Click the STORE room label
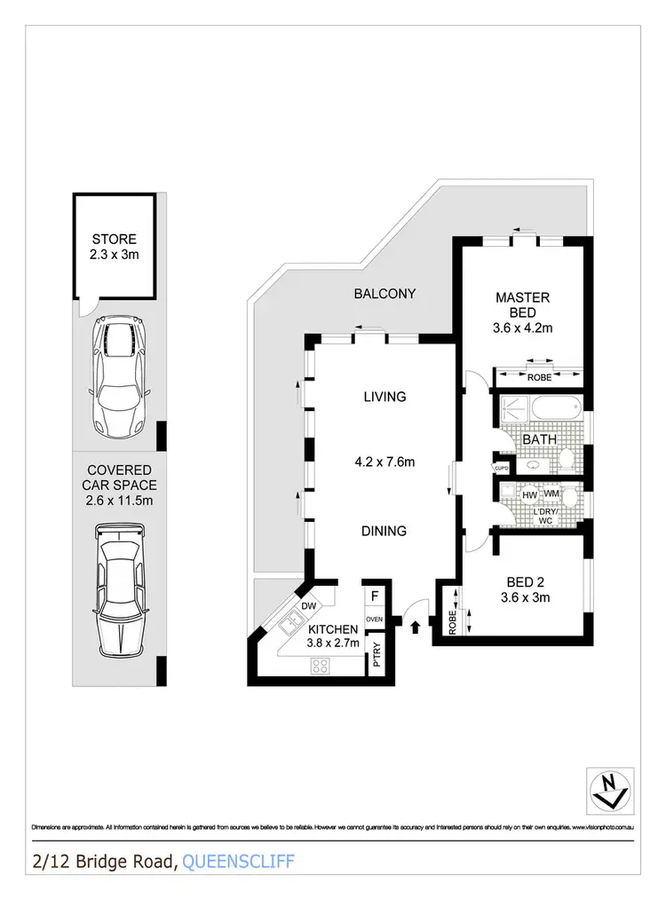pyautogui.click(x=115, y=239)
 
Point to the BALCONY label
pyautogui.click(x=385, y=294)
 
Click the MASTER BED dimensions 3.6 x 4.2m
pyautogui.click(x=523, y=328)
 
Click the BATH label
pyautogui.click(x=539, y=439)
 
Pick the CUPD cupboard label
pyautogui.click(x=500, y=467)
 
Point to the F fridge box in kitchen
pyautogui.click(x=375, y=596)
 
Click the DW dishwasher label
pyautogui.click(x=309, y=606)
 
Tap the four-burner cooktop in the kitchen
pyautogui.click(x=321, y=666)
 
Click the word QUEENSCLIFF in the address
pyautogui.click(x=238, y=861)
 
